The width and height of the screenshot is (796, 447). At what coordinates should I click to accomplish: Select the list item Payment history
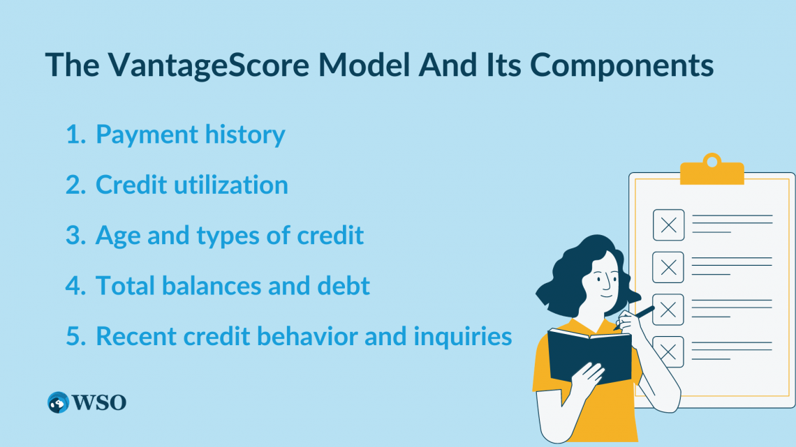coord(190,135)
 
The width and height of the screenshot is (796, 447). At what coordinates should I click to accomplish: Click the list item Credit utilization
coord(191,185)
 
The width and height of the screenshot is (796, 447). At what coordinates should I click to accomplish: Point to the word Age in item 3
coord(118,236)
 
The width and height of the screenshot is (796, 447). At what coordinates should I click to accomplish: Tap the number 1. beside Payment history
coord(75,135)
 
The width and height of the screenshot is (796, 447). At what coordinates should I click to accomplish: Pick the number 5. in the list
coord(75,337)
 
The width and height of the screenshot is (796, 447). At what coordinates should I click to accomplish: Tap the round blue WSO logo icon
coord(59,402)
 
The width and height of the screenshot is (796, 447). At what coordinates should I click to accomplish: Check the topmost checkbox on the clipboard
coord(668,225)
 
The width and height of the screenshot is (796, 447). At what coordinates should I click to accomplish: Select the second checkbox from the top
coord(668,267)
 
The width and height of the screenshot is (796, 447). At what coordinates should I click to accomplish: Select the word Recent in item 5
coord(136,337)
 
